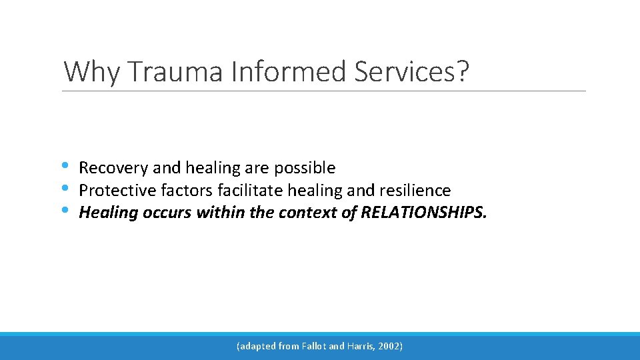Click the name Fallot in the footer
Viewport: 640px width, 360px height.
click(x=313, y=346)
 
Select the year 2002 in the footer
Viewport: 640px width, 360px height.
click(x=390, y=346)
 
